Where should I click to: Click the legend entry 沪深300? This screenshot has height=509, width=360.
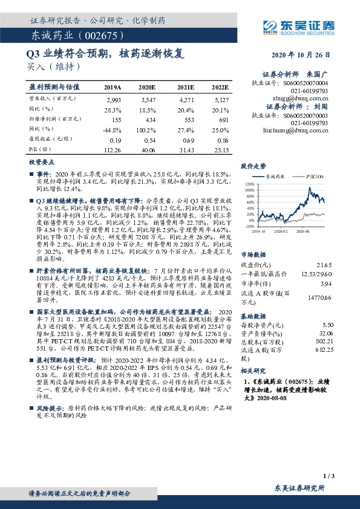(x=313, y=176)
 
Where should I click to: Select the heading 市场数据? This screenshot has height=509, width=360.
(x=254, y=254)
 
